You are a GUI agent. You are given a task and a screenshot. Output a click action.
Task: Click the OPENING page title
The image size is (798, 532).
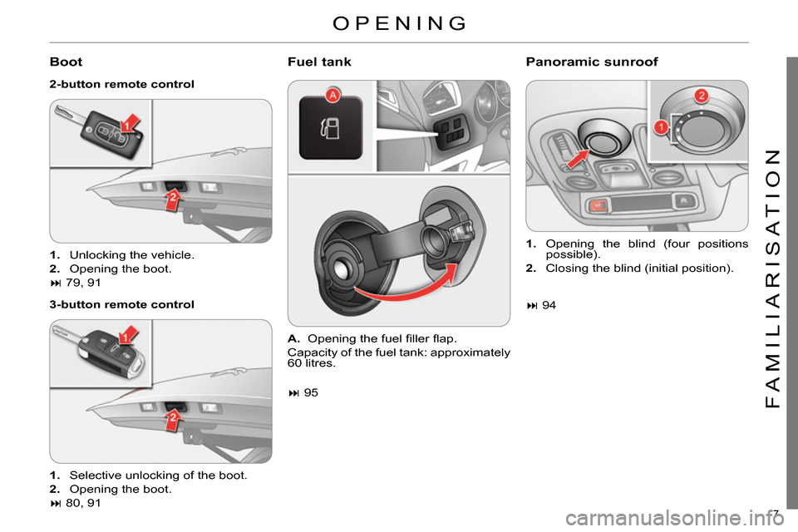point(399,22)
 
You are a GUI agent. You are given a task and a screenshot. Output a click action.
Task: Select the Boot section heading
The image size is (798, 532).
point(66,62)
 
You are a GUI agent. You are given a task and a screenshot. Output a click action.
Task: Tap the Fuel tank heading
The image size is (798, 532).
point(319,62)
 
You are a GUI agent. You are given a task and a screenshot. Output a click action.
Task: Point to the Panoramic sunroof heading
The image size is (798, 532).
point(592,62)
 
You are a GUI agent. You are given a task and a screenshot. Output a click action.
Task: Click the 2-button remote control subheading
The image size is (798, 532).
point(121,84)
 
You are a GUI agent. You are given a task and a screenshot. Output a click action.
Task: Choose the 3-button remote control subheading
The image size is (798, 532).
point(121,304)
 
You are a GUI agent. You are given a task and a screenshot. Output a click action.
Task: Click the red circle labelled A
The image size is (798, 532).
point(333,96)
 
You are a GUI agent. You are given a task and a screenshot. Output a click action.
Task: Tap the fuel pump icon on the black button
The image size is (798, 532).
point(330,129)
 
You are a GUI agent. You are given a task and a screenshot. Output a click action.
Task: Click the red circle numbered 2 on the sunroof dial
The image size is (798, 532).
point(701,95)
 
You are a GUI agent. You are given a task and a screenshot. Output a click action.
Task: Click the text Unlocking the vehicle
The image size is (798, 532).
point(132,254)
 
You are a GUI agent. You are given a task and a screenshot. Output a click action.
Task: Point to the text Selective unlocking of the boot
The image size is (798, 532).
point(158,475)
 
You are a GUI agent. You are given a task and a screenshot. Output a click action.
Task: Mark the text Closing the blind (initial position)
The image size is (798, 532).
point(639,268)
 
